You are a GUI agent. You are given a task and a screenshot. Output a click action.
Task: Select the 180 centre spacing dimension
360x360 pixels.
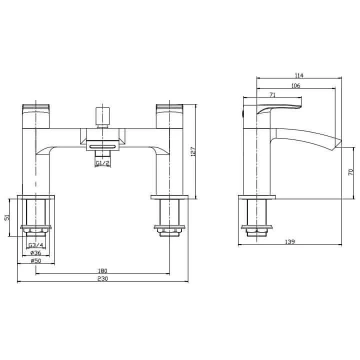click(x=103, y=270)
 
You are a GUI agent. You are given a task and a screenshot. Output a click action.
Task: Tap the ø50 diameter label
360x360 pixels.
click(x=35, y=260)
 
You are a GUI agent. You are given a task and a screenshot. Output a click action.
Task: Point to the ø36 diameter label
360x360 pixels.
click(x=35, y=252)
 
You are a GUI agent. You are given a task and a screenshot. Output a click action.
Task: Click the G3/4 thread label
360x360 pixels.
click(x=35, y=245)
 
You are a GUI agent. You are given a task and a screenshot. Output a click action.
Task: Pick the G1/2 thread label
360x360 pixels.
click(x=103, y=163)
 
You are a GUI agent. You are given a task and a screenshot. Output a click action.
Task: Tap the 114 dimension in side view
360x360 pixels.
click(x=299, y=76)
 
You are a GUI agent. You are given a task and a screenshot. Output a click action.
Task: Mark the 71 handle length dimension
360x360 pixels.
click(x=272, y=94)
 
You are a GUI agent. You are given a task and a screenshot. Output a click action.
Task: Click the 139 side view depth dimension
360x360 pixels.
click(x=290, y=241)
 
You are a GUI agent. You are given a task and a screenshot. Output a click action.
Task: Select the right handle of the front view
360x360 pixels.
click(x=170, y=115)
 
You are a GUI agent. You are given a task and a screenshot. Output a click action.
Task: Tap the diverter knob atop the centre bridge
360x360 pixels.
click(x=103, y=115)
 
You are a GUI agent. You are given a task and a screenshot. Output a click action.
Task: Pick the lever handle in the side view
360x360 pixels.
click(x=277, y=107)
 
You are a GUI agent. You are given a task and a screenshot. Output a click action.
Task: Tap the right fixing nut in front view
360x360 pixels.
click(x=170, y=230)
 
